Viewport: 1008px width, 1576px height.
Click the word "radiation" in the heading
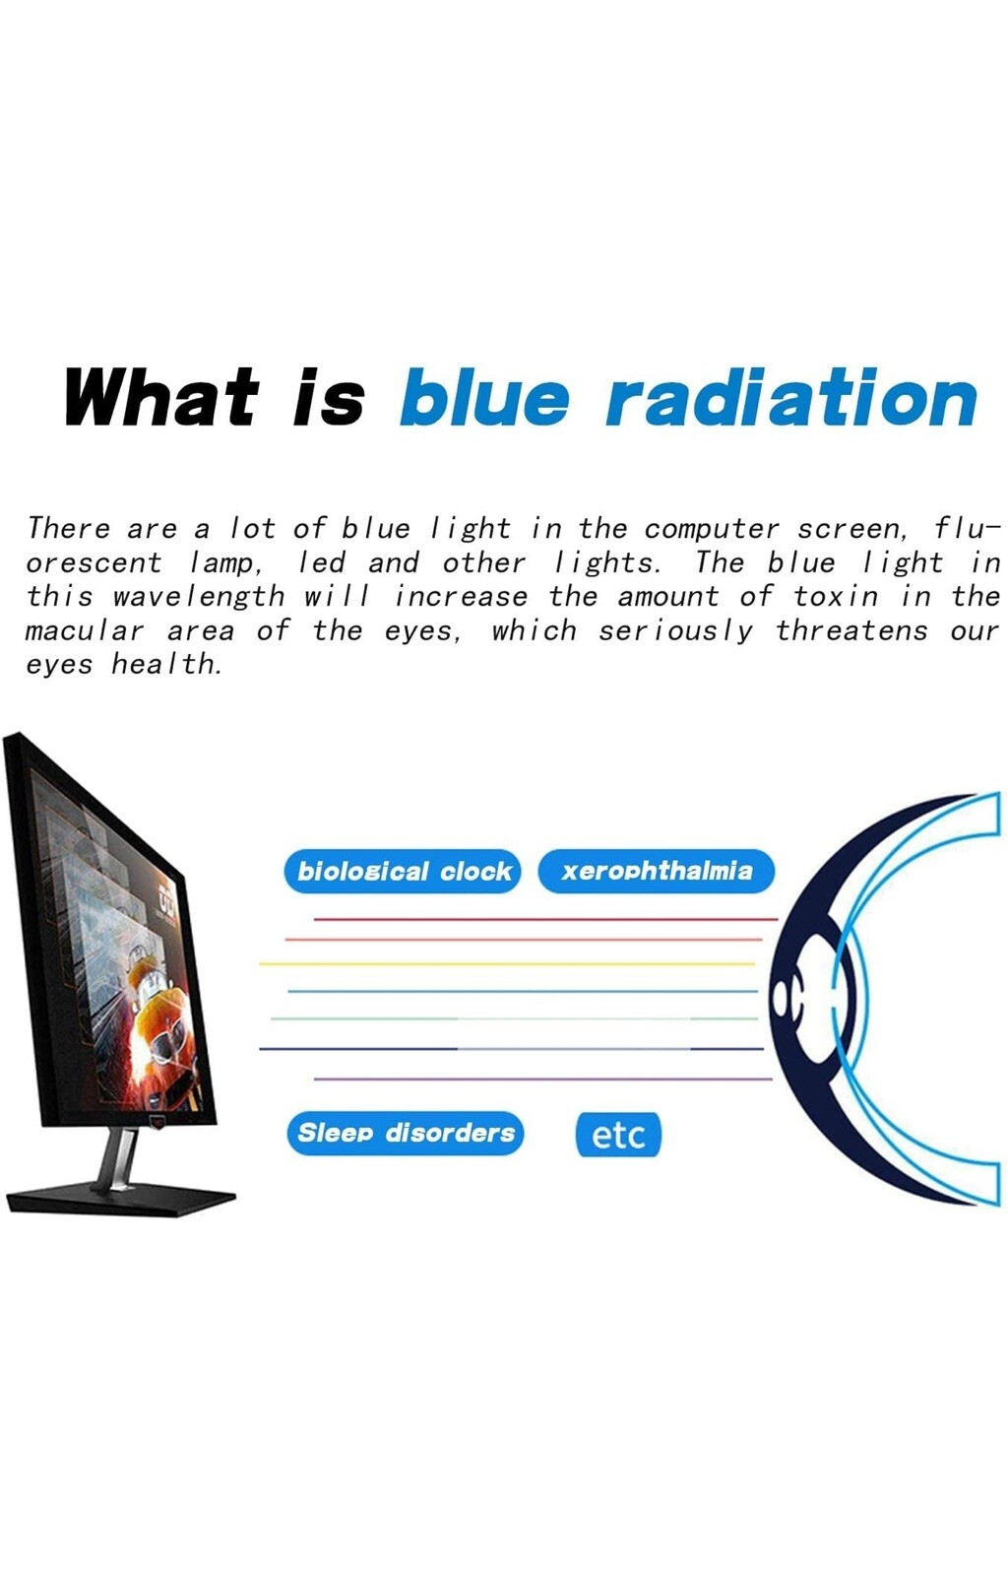click(x=791, y=398)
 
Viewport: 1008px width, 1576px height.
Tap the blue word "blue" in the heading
click(x=483, y=397)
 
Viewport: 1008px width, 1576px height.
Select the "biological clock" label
click(x=403, y=871)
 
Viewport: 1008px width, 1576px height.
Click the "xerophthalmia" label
click(x=657, y=871)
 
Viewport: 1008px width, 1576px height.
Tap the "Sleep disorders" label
click(x=406, y=1133)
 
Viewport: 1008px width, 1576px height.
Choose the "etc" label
click(x=618, y=1134)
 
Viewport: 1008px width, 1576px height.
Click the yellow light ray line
click(x=507, y=963)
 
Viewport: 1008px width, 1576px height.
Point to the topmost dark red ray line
click(x=545, y=919)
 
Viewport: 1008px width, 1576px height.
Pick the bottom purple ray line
click(x=542, y=1079)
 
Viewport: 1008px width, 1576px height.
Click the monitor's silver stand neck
click(x=119, y=1157)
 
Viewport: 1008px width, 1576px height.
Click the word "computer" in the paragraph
click(x=712, y=529)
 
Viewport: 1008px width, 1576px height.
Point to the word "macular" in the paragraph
click(x=85, y=630)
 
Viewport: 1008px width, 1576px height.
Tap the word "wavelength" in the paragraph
click(x=198, y=597)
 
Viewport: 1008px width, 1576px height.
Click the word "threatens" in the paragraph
click(x=851, y=630)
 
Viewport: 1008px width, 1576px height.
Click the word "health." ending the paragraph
click(x=166, y=664)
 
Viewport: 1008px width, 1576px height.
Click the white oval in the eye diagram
click(x=781, y=997)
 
